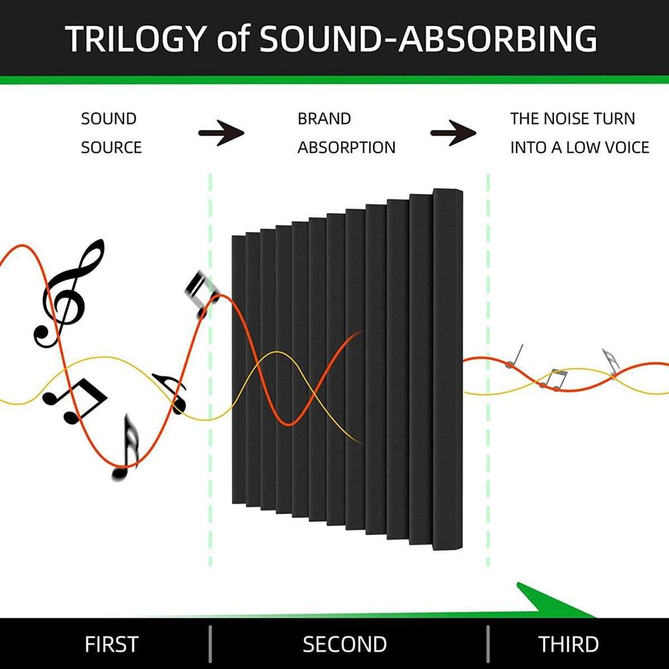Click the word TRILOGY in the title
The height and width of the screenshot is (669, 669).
pos(136,39)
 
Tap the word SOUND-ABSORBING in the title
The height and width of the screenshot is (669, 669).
pos(428,39)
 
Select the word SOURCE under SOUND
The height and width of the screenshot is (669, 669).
pos(111,148)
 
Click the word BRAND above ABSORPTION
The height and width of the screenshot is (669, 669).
pos(324,119)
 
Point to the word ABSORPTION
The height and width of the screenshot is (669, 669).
pos(346,148)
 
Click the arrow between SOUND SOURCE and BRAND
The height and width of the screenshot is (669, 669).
pos(221,133)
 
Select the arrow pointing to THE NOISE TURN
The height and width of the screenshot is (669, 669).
pos(453,133)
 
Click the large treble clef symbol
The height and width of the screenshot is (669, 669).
pos(69,293)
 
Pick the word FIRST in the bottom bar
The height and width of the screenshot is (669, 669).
pos(112,644)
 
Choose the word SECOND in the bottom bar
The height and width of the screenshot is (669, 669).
pos(345,644)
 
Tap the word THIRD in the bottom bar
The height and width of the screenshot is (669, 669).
pos(569,644)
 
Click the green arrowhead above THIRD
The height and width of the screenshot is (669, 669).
pos(550,602)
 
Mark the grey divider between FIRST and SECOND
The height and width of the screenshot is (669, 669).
pos(210,644)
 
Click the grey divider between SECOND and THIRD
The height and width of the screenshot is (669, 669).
pos(488,644)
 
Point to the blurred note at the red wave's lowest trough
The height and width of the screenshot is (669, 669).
pos(126,448)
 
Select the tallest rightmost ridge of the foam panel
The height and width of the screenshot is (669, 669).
pos(448,369)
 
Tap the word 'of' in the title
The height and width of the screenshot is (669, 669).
pos(233,39)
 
